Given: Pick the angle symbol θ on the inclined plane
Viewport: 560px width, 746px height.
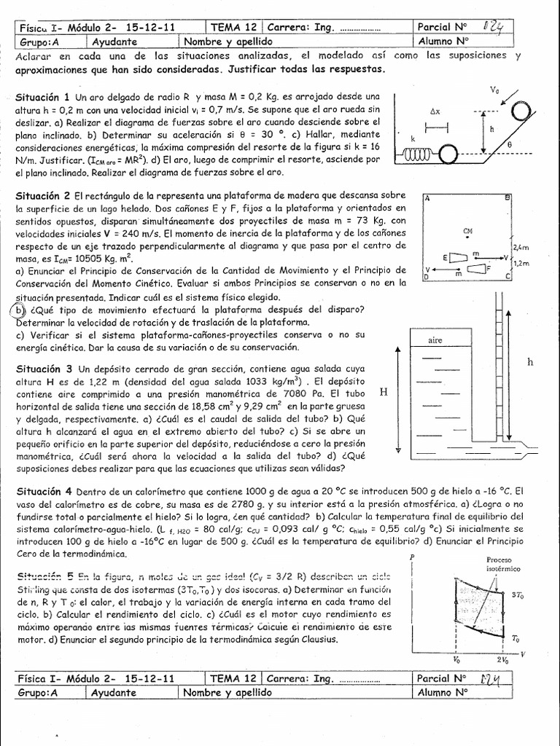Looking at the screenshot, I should coord(507,145).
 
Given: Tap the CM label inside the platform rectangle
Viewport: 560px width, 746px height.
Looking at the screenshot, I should coord(467,229).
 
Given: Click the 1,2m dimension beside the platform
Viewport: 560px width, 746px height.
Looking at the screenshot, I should coord(522,264).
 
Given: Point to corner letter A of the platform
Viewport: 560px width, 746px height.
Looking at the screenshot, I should coord(427,198).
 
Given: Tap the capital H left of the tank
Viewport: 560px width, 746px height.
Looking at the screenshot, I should coord(384,393).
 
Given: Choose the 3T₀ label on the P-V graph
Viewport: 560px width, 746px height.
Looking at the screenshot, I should coord(518,595).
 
